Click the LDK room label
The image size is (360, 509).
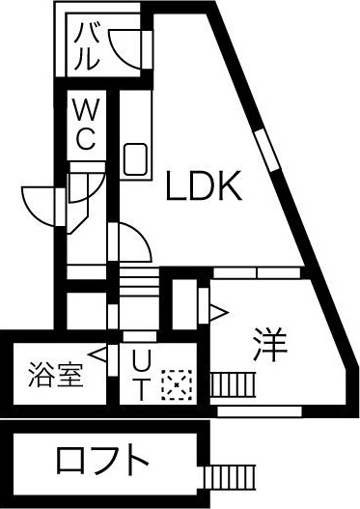coord(204,185)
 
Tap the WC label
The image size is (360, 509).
coord(86,125)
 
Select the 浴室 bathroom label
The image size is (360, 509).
coord(56,375)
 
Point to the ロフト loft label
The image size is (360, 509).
coord(102,460)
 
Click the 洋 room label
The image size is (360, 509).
coord(270,345)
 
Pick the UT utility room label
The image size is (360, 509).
coord(142,376)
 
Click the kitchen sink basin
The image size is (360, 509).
coord(135,159)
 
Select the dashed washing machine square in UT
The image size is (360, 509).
coord(177,384)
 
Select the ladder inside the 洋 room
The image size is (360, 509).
coord(233,384)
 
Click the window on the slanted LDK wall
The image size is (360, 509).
coord(267,150)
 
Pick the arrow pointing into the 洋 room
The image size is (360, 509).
coord(219,313)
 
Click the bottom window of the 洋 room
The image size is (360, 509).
coord(260,411)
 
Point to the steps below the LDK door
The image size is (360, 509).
coord(139,281)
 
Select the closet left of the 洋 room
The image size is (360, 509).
coord(184,304)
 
